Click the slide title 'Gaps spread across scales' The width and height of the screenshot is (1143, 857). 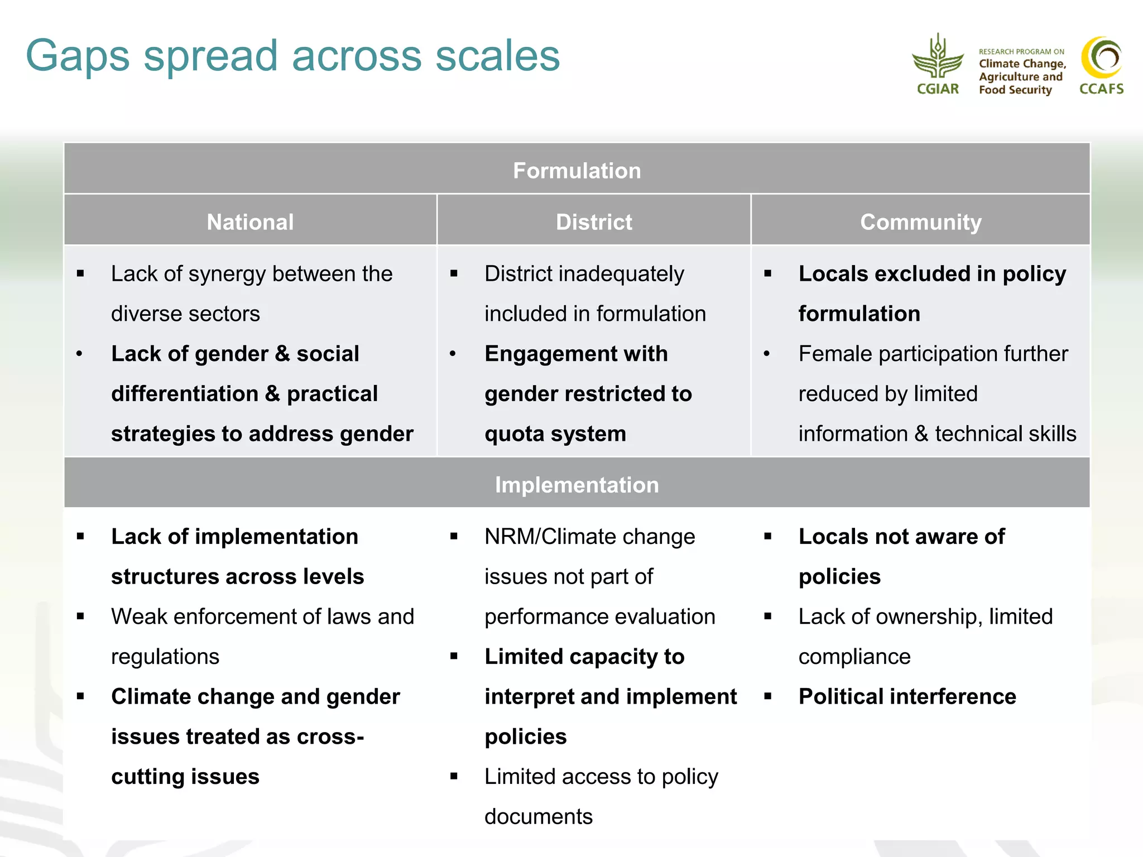click(x=292, y=56)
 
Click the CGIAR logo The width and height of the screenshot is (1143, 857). click(x=938, y=65)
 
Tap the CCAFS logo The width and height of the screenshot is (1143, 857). click(x=1101, y=65)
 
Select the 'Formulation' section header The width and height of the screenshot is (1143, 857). click(x=577, y=170)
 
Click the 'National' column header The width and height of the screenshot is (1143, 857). click(x=250, y=222)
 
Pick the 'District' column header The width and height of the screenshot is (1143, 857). click(x=594, y=222)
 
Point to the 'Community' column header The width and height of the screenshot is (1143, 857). click(x=920, y=222)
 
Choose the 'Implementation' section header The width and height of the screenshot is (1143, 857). click(x=577, y=485)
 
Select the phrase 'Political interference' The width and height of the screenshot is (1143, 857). click(x=907, y=696)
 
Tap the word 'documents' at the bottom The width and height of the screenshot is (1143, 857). click(x=538, y=817)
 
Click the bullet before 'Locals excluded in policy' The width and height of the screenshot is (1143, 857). click(x=768, y=274)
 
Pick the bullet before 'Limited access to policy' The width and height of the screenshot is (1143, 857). click(x=454, y=776)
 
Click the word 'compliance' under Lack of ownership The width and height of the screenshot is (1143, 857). click(x=854, y=657)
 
